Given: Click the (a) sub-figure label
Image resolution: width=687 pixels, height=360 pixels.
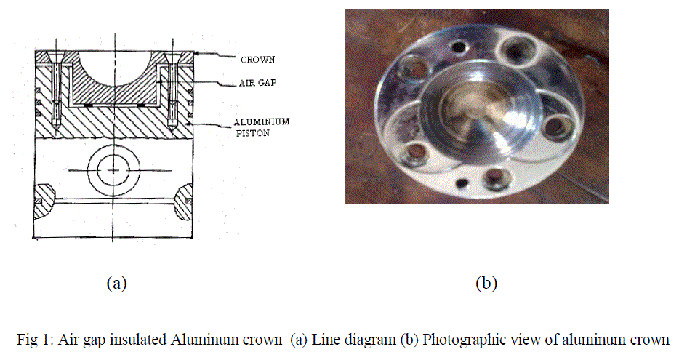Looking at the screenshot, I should coord(116,283).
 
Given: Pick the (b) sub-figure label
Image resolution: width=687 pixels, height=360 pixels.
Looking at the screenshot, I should coord(486,283).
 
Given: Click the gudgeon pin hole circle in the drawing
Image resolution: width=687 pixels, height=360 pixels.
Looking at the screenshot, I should coord(113,169).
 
